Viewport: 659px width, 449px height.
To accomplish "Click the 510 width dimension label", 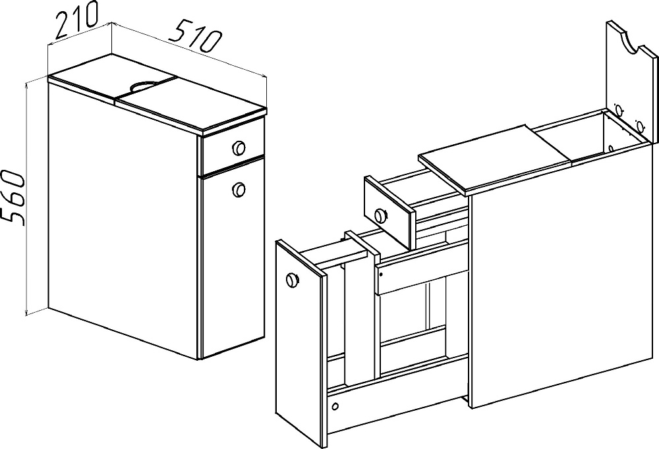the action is click(194, 36).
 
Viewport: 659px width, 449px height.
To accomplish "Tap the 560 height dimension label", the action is click(12, 197).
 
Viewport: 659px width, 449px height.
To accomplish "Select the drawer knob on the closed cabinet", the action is click(239, 147).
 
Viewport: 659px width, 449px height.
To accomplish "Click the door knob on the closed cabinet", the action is click(239, 189).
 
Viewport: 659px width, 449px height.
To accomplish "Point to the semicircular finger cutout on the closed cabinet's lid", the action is click(143, 86).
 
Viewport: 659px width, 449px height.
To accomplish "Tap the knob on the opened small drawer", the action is click(381, 215).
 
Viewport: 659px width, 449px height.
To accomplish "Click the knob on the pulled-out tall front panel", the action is click(292, 279).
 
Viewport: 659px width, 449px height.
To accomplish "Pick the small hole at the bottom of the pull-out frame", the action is click(335, 407).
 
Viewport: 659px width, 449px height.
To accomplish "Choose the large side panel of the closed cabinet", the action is click(123, 219).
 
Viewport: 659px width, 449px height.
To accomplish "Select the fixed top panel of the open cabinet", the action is click(495, 159).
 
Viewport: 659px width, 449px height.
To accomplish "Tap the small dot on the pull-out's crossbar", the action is click(381, 275).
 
